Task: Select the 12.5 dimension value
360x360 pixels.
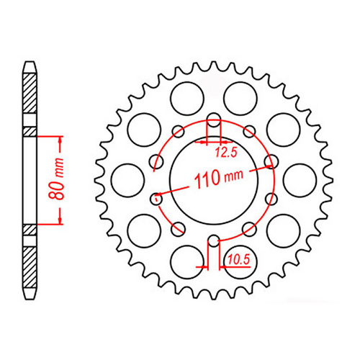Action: pos(226,152)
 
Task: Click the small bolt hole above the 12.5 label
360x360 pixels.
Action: pos(213,120)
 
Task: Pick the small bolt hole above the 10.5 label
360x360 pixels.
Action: pos(213,240)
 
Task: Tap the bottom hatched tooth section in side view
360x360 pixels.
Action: pos(29,263)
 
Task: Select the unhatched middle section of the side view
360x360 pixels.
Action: pos(29,180)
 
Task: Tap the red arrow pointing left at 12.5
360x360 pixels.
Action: pos(217,143)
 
